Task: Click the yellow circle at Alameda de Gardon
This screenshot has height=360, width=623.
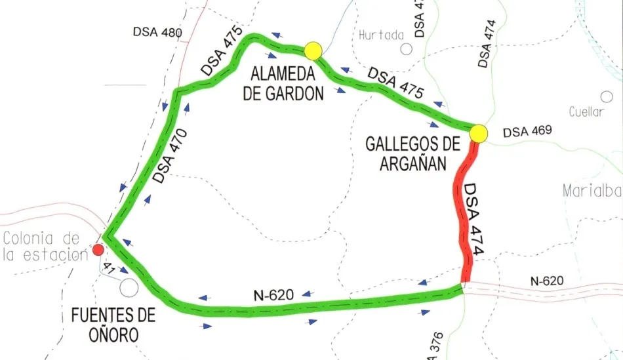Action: (313, 50)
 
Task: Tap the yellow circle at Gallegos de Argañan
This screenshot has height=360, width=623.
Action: (479, 133)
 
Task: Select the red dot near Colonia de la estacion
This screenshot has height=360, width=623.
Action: (98, 249)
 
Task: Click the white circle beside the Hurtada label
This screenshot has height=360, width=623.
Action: (407, 48)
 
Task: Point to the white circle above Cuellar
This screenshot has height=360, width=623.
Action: (607, 96)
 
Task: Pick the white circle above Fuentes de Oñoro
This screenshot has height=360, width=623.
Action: (129, 287)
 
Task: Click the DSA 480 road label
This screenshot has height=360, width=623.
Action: (157, 31)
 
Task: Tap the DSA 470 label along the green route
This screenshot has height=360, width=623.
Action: (171, 157)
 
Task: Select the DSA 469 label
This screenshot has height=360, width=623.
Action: (527, 132)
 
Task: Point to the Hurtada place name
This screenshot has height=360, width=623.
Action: (381, 35)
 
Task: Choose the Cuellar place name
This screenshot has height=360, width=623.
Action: (586, 111)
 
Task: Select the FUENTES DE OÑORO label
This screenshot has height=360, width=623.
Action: (113, 325)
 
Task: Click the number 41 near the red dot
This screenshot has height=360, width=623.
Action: (109, 268)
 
